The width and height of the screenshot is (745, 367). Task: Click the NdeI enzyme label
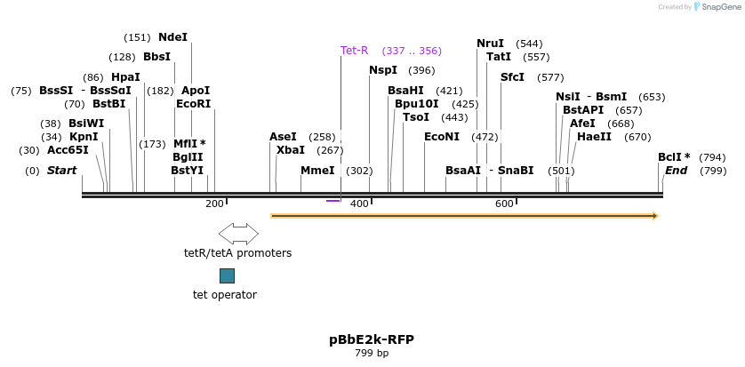click(x=172, y=37)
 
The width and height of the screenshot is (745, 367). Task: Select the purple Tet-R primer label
click(x=354, y=51)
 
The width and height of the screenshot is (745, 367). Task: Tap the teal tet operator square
click(x=227, y=275)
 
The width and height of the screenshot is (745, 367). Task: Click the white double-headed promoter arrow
click(x=238, y=234)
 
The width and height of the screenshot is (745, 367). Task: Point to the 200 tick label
click(x=214, y=204)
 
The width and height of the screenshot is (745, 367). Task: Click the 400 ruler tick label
click(x=359, y=204)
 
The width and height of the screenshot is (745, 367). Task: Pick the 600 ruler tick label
click(x=504, y=204)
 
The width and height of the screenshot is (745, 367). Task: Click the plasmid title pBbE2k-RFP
click(x=372, y=339)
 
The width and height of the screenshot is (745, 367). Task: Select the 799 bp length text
click(x=372, y=354)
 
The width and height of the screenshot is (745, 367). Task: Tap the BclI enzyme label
click(x=674, y=157)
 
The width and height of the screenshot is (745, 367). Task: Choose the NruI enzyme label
click(x=490, y=44)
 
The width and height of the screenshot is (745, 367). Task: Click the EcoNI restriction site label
click(x=442, y=137)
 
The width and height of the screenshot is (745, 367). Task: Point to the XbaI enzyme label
click(x=291, y=150)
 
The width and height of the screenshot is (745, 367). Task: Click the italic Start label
click(x=61, y=171)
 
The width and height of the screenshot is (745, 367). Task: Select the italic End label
click(x=676, y=171)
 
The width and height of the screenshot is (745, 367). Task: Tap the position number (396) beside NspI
click(x=421, y=71)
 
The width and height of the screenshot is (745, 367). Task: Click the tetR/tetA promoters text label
click(x=237, y=253)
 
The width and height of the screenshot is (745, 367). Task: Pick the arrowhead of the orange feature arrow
click(x=654, y=215)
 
